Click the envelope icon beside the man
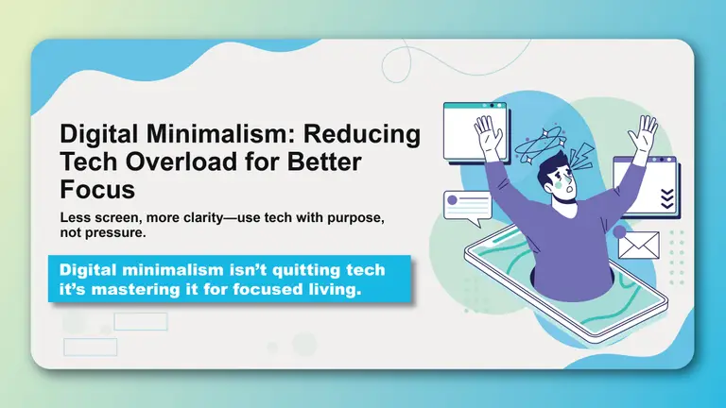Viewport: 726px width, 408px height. pos(638,245)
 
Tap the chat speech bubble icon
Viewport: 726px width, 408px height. pos(468,207)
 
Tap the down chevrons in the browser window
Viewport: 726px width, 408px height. pos(668,197)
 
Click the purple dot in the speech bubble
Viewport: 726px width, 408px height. pos(453,199)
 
